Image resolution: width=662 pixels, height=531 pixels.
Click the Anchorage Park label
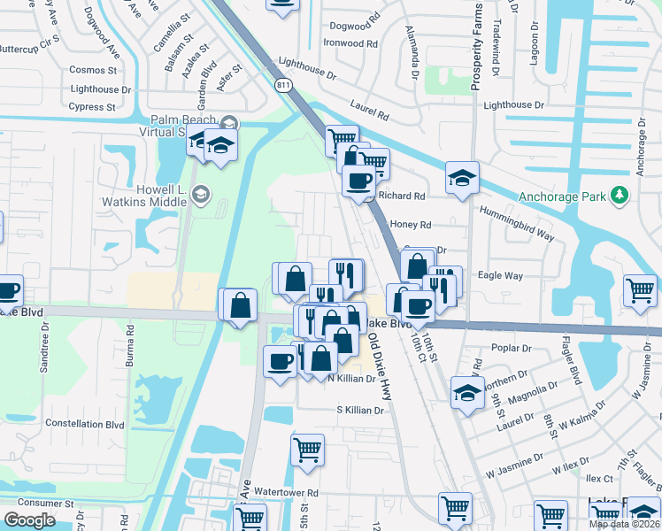click(561, 196)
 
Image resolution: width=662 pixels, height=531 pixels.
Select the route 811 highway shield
click(282, 85)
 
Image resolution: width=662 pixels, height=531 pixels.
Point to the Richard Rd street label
click(401, 196)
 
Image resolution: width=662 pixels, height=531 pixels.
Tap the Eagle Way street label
click(499, 275)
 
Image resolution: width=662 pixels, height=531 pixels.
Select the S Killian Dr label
click(359, 410)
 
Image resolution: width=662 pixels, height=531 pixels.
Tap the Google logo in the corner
click(30, 520)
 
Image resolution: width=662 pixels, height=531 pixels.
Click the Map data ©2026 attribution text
click(625, 524)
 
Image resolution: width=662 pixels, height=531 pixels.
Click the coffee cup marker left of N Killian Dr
click(281, 361)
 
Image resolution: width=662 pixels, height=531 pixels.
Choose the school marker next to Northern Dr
click(467, 391)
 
